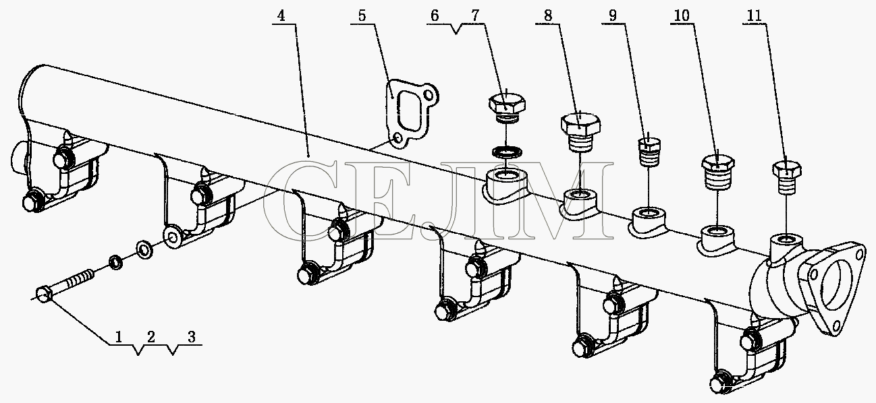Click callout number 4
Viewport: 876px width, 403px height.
(281, 15)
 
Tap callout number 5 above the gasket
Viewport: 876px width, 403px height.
(362, 15)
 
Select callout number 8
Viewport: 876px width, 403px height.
(548, 15)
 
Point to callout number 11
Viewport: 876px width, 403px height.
(755, 15)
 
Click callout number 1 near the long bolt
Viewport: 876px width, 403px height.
(119, 336)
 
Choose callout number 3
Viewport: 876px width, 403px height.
(191, 336)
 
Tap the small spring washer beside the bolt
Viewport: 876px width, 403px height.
(115, 262)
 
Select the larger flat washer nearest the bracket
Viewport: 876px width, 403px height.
(144, 250)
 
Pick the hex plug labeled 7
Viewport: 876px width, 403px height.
(507, 107)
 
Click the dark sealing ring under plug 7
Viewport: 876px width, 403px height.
(507, 152)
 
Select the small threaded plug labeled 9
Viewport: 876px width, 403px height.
(649, 152)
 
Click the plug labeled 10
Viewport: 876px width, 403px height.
(717, 173)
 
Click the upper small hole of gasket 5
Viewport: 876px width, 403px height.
(429, 95)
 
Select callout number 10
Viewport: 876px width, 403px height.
(682, 15)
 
